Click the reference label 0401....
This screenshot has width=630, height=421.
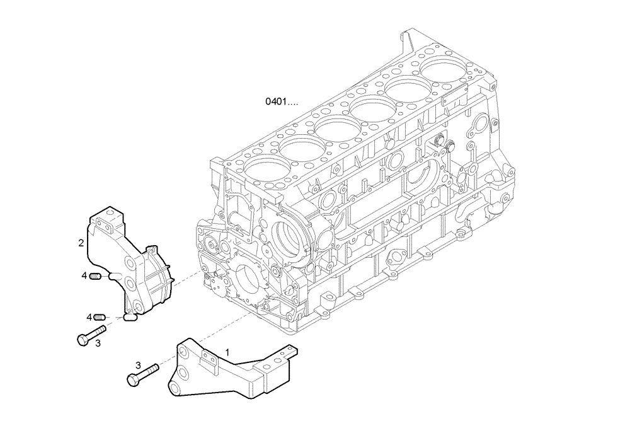pyautogui.click(x=281, y=101)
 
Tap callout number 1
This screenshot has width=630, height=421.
pyautogui.click(x=228, y=353)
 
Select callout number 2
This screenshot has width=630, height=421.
pyautogui.click(x=81, y=242)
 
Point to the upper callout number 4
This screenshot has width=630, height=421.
pyautogui.click(x=84, y=275)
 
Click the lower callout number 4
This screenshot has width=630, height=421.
pyautogui.click(x=89, y=316)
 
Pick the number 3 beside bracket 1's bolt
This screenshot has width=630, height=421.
pyautogui.click(x=137, y=365)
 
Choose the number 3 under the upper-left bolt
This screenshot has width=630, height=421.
pyautogui.click(x=98, y=343)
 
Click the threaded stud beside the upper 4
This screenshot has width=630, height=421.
pyautogui.click(x=96, y=276)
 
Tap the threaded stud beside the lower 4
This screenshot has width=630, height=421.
pyautogui.click(x=101, y=317)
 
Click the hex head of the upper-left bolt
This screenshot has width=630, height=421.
pyautogui.click(x=81, y=339)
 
